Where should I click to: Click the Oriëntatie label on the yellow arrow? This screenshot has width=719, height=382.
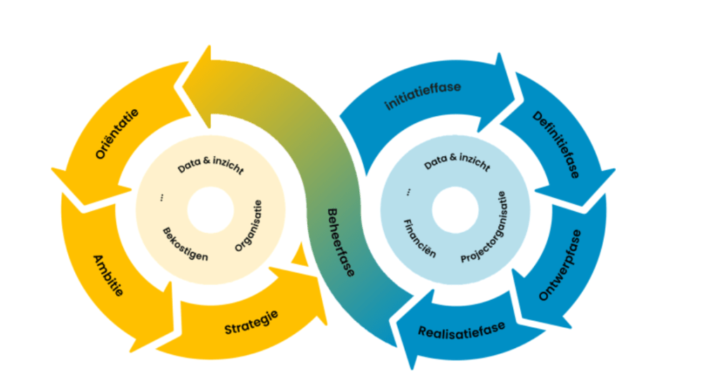[117, 134]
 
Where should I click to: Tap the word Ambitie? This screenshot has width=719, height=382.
[109, 276]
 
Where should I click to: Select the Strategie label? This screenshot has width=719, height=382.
[252, 322]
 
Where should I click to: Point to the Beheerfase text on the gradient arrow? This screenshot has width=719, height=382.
[341, 243]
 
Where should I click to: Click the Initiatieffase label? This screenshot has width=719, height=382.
[423, 96]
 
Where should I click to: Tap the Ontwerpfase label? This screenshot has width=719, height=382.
[560, 265]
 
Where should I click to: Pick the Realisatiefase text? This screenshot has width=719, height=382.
[462, 330]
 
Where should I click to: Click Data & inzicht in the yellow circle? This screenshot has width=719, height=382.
[210, 165]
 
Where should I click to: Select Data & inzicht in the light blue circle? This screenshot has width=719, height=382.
[457, 162]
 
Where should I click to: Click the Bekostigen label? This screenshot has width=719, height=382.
[186, 244]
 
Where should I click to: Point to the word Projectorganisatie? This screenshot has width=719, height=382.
[484, 227]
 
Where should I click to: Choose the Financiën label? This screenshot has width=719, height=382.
[420, 238]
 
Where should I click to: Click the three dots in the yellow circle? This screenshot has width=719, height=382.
[162, 198]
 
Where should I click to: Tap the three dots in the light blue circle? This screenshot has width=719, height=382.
[408, 192]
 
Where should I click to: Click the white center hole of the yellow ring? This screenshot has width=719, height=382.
[211, 210]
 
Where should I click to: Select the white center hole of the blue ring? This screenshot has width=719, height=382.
[455, 210]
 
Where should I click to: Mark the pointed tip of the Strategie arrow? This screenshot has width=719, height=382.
[327, 324]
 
